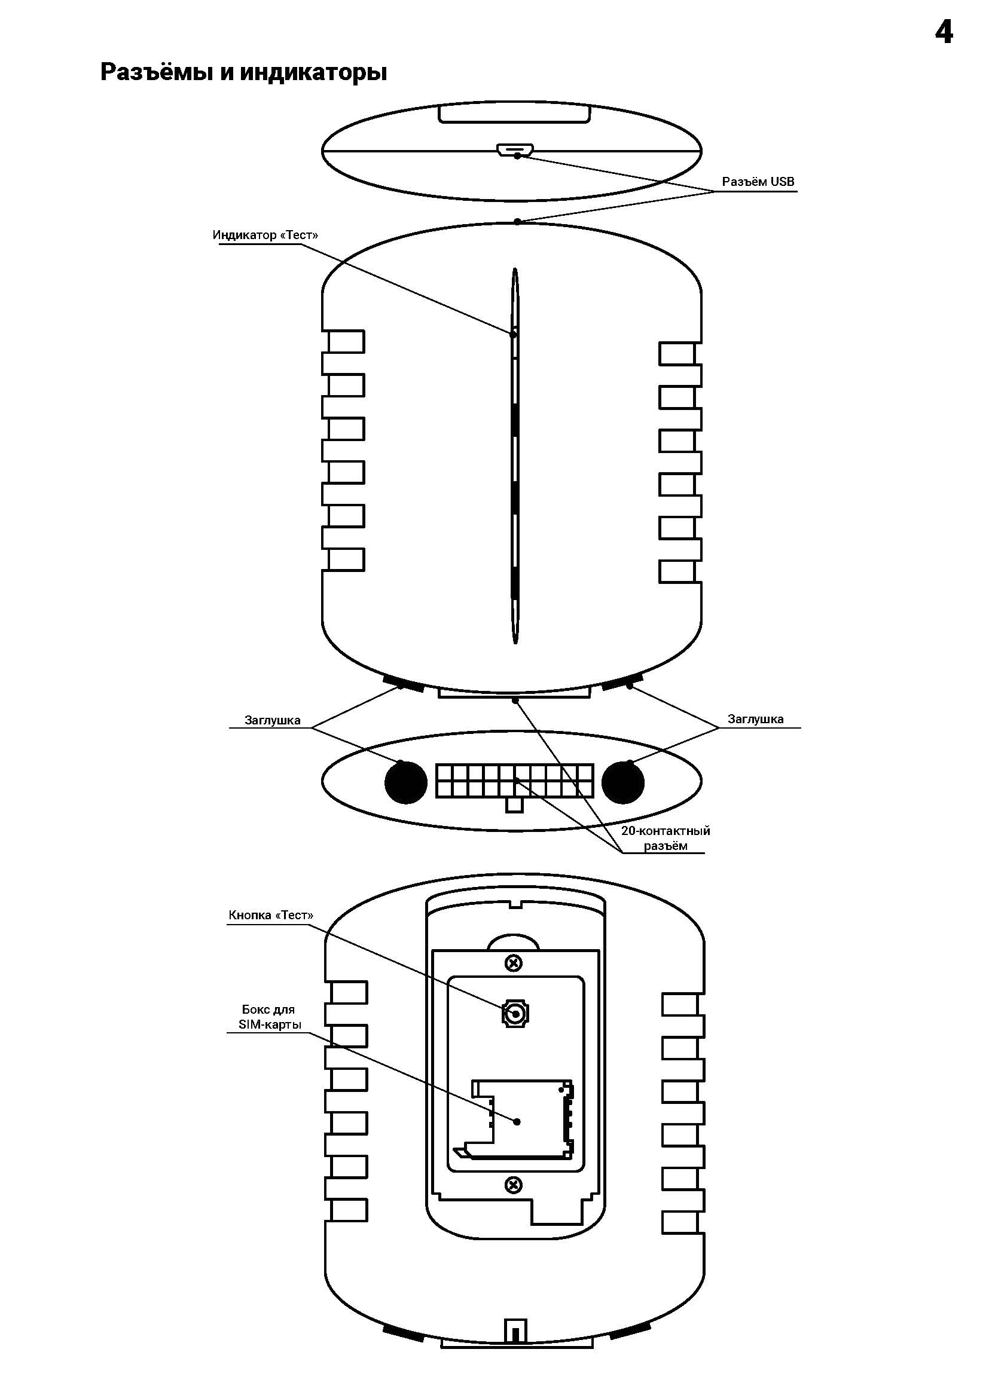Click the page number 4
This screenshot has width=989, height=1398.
coord(944,32)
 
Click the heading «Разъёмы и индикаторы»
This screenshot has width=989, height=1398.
coord(243,72)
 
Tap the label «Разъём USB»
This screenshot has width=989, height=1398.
coord(758,182)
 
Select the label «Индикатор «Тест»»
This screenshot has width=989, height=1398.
coord(265,235)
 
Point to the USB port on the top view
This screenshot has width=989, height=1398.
coord(515,149)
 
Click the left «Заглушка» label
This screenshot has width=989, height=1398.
coord(272,720)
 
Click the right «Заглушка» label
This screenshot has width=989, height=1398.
coord(755,719)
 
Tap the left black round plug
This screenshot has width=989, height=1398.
coord(405,782)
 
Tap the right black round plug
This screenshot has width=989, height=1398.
coord(622,782)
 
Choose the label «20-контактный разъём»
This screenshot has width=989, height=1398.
coord(665,838)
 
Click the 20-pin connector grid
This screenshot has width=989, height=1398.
coord(515,781)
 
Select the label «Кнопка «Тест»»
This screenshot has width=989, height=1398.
coord(271,915)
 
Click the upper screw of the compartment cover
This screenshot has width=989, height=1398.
coord(514,963)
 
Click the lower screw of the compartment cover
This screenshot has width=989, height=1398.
coord(514,1185)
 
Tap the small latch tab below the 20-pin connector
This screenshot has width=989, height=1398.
coord(515,805)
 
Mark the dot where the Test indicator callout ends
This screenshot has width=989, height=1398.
coord(513,334)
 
